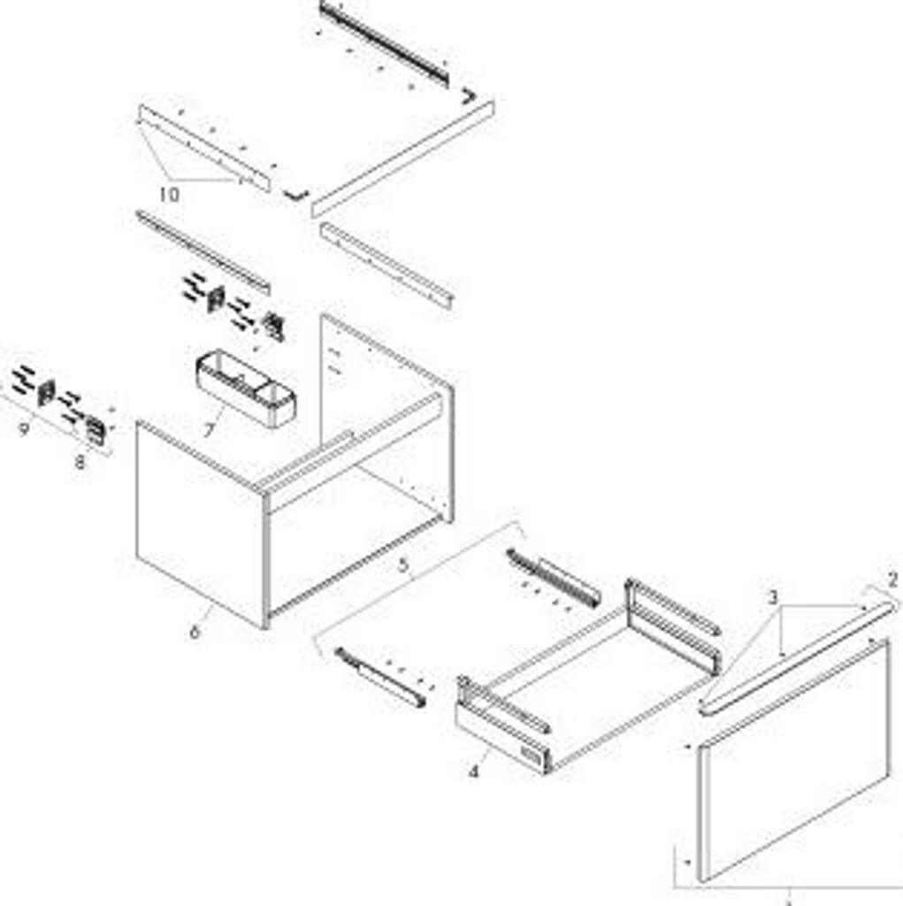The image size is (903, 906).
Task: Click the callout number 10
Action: coord(169,194)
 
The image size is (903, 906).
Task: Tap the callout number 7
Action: coord(209,430)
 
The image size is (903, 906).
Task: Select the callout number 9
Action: coord(24,429)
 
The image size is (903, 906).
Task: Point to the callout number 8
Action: coord(79,462)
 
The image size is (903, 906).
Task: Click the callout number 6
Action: coord(195,632)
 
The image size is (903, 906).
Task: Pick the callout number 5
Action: coord(403,564)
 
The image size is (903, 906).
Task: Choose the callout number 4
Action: coord(473,771)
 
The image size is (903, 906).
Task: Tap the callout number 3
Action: coord(774,597)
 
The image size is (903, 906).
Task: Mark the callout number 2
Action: coord(892,580)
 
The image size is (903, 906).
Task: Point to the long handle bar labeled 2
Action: coord(798,657)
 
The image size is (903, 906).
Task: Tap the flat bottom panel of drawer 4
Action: coord(601,687)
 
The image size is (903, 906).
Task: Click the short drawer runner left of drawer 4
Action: coord(381,677)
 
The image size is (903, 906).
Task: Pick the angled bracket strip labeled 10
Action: coord(204,148)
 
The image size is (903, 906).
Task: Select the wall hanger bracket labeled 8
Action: coord(96,431)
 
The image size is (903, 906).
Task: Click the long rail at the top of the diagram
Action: coord(384,42)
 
